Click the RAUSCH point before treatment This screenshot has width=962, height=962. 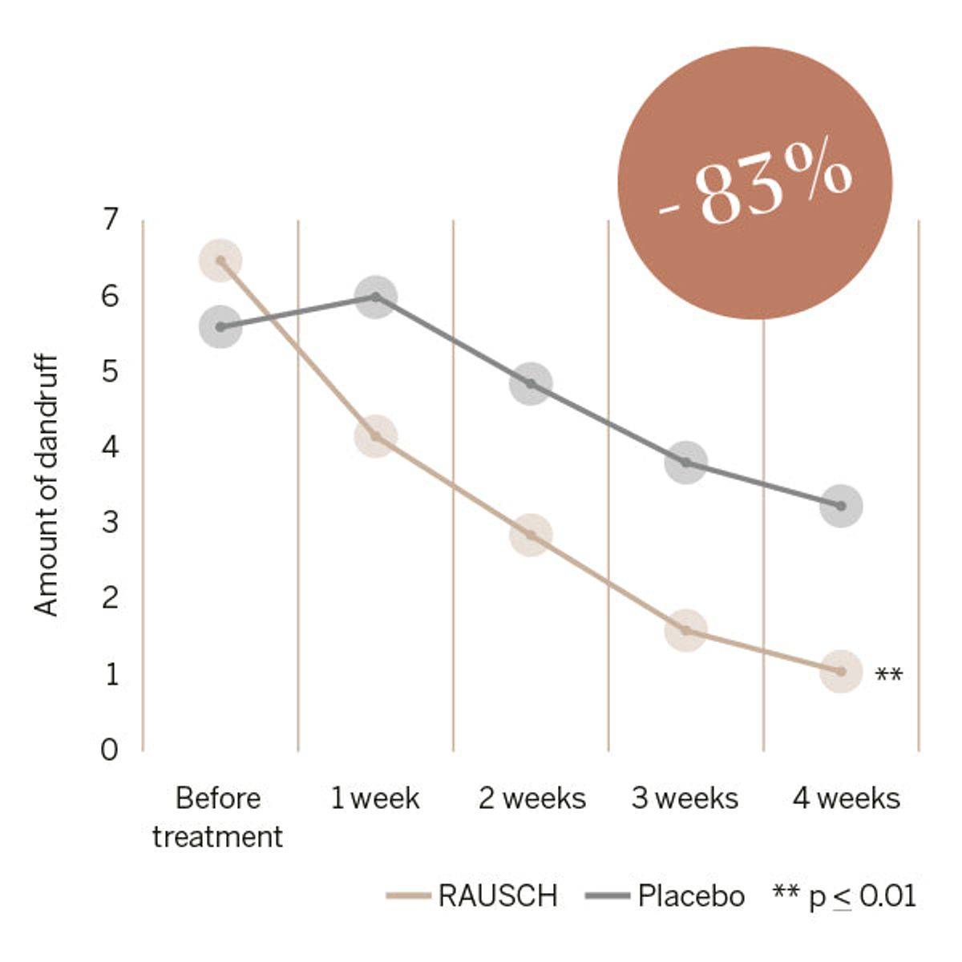(x=220, y=261)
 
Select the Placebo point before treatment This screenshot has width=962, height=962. (x=220, y=326)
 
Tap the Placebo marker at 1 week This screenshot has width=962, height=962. (x=376, y=297)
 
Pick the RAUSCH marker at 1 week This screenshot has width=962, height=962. (x=375, y=436)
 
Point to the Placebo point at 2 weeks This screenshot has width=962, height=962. (x=531, y=383)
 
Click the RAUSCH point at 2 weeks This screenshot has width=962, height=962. (x=531, y=535)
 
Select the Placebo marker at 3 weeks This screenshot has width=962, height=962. (x=685, y=462)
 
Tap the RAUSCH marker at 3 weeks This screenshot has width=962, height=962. (x=685, y=630)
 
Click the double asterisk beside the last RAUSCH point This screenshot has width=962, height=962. (x=888, y=674)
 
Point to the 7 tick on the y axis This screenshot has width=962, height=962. (x=110, y=220)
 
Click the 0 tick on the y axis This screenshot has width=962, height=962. (x=110, y=750)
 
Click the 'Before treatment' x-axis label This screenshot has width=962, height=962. (x=218, y=817)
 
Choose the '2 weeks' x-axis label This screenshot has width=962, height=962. (x=532, y=798)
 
